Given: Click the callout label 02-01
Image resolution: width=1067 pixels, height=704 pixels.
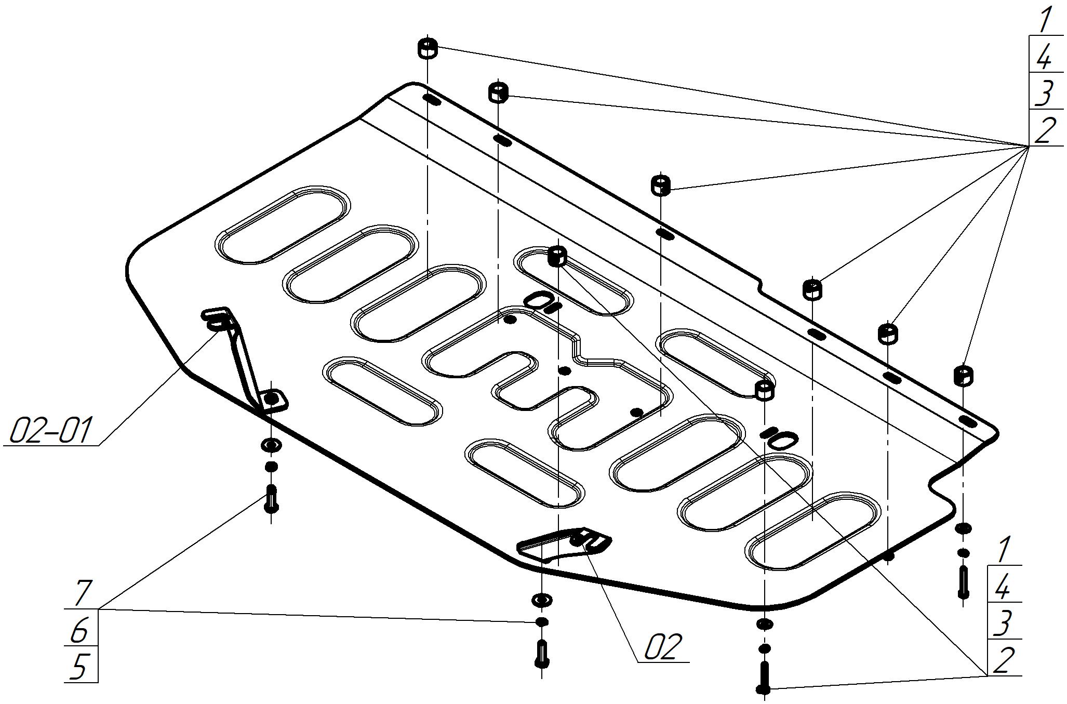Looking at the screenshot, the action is [x=51, y=430].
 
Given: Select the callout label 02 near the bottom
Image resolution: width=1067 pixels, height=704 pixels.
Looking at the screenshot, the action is [x=662, y=647].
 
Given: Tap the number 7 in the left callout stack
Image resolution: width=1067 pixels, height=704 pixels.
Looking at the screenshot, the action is [x=81, y=593].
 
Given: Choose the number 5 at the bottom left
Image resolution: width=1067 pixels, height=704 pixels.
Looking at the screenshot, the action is [x=78, y=667].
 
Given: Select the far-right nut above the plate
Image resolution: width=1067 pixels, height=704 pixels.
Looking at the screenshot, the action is [x=964, y=375].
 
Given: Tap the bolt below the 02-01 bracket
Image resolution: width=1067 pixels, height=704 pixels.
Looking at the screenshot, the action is [x=271, y=498].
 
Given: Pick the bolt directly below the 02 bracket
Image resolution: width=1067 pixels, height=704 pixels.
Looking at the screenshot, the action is [x=541, y=653].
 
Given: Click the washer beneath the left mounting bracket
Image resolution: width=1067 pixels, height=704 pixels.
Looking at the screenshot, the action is [x=272, y=445].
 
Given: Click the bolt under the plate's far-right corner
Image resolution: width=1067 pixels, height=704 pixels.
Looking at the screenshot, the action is [x=963, y=582].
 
